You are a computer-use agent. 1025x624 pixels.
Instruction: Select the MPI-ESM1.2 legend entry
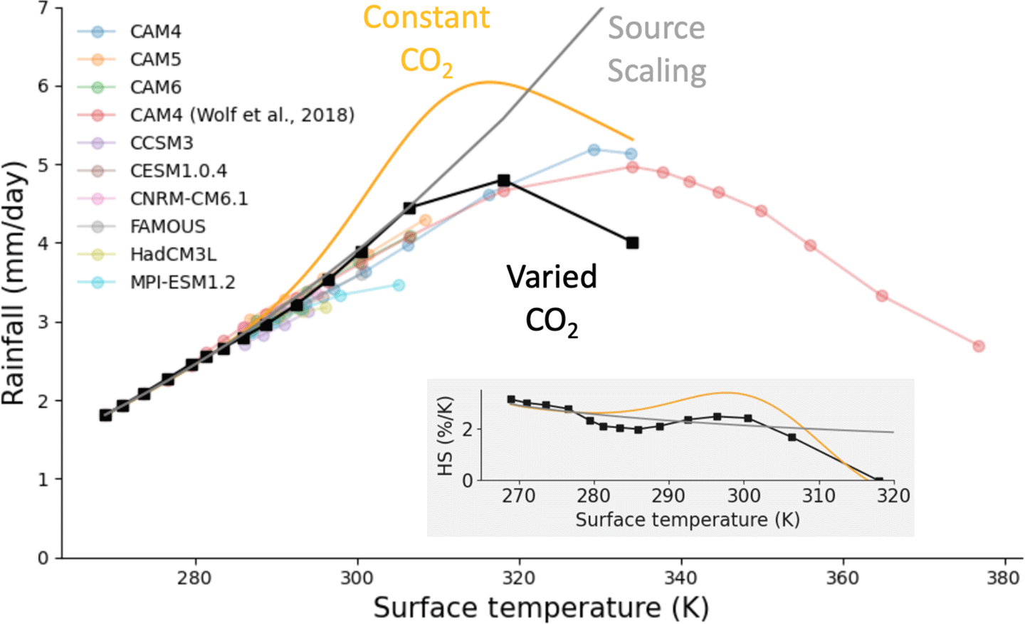[182, 282]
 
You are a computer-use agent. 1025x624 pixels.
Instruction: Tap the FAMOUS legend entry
[167, 226]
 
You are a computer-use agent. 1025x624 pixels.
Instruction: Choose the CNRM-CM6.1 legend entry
[189, 199]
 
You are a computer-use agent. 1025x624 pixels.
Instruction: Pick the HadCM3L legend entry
[173, 255]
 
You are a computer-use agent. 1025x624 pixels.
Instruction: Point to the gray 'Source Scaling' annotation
[656, 49]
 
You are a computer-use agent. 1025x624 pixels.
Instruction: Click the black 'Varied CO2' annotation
[552, 299]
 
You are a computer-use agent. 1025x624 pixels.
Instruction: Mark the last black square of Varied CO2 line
[632, 243]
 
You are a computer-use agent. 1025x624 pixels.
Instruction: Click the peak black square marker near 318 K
[504, 181]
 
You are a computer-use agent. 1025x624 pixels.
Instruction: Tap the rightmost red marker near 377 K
[979, 346]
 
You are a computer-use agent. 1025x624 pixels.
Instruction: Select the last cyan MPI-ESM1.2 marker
[399, 285]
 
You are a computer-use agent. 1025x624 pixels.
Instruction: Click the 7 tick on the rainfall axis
[43, 9]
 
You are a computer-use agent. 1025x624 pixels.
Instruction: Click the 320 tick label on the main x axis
[518, 577]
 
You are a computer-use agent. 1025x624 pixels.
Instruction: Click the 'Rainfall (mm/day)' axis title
[14, 283]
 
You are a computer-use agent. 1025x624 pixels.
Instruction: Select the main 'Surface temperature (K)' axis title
[541, 608]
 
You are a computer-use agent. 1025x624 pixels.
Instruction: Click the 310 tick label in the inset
[819, 495]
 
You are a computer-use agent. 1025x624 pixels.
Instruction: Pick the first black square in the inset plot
[511, 400]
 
